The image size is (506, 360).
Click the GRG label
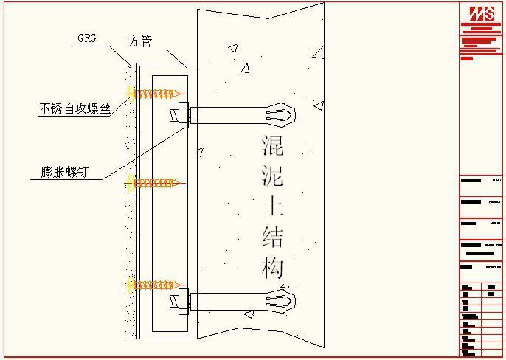coord(86,38)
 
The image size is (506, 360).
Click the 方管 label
coord(139,42)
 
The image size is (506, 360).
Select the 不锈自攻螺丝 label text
coord(74,108)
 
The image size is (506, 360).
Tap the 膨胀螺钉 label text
coord(65,173)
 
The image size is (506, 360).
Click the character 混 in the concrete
coord(272,145)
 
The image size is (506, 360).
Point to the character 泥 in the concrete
coord(272,176)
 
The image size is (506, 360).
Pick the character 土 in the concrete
coord(272,205)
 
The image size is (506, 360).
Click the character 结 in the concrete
coord(272,236)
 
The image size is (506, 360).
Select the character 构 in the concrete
coord(272,267)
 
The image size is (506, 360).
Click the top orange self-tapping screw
coord(156,94)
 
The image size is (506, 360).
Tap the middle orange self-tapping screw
coord(156,182)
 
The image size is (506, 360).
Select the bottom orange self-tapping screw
coord(156,284)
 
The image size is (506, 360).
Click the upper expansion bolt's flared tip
coord(283,115)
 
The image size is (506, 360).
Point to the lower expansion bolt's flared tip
coord(283,301)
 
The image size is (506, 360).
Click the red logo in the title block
coord(480,13)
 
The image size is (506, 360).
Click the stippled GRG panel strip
coord(131,221)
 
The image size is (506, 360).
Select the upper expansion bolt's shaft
coord(229,115)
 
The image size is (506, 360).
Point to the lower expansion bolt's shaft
coord(229,301)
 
